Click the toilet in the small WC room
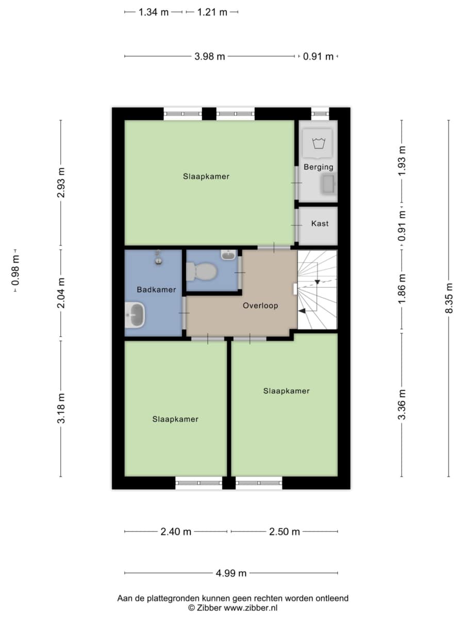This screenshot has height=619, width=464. [x=201, y=271]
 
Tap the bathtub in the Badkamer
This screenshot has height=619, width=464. [x=135, y=315]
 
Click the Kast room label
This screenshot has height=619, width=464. [x=320, y=224]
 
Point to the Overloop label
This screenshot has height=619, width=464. [x=260, y=306]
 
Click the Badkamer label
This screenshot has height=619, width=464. [x=156, y=289]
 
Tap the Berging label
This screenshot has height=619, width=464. [x=318, y=167]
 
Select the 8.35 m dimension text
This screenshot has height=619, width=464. [x=449, y=298]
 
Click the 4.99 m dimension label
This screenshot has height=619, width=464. [x=231, y=573]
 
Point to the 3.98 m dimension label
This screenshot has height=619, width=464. [x=210, y=57]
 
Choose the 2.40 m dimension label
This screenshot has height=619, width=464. [x=176, y=532]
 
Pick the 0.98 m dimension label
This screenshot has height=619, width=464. [x=16, y=270]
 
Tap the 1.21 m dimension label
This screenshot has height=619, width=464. [x=212, y=12]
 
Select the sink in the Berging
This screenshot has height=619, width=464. [x=328, y=184]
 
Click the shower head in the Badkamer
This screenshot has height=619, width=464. [x=159, y=257]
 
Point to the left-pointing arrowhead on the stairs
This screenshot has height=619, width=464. [x=302, y=311]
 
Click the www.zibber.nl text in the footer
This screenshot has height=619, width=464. [x=251, y=608]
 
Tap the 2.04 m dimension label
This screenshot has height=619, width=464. [x=61, y=292]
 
